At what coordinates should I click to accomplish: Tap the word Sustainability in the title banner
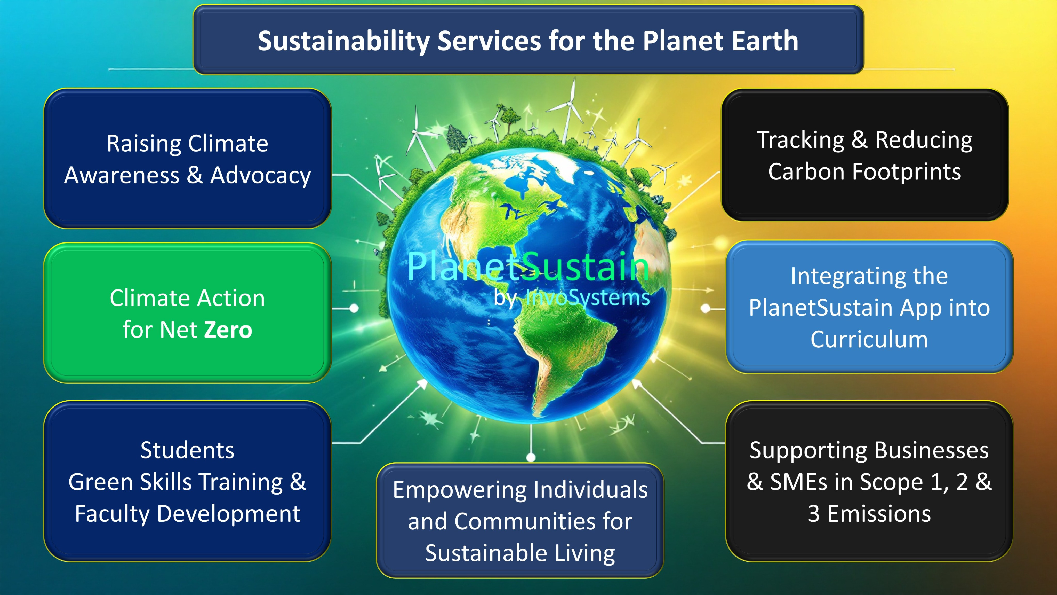click(x=344, y=42)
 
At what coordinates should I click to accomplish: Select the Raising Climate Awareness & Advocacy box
click(x=188, y=159)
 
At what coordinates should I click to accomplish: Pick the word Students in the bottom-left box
click(x=188, y=450)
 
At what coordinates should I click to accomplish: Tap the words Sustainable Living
click(x=520, y=553)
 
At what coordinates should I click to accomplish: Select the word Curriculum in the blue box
click(x=869, y=340)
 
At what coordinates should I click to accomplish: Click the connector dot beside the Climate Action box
click(x=354, y=308)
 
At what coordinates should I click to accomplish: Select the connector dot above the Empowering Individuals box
click(x=531, y=457)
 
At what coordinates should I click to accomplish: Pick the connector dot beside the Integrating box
click(x=705, y=308)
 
